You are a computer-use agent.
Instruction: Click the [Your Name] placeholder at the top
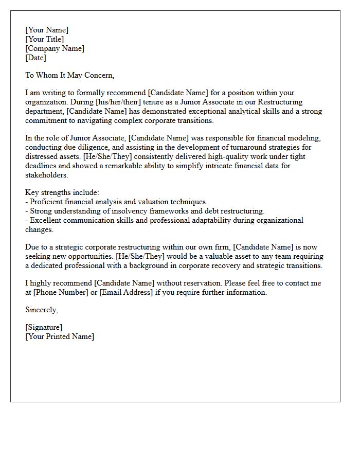click(47, 30)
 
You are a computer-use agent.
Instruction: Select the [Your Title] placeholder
click(45, 39)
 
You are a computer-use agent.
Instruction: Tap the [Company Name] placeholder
click(55, 48)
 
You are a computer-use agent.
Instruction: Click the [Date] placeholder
click(35, 58)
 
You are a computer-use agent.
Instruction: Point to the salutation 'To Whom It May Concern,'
click(69, 75)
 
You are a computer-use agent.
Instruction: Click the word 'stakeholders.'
click(46, 175)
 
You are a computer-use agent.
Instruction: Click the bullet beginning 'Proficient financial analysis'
click(116, 202)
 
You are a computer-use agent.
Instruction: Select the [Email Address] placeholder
click(129, 292)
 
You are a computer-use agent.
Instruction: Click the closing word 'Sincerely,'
click(42, 310)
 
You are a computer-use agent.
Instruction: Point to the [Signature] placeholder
click(44, 327)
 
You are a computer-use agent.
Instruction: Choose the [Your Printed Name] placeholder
click(60, 336)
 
